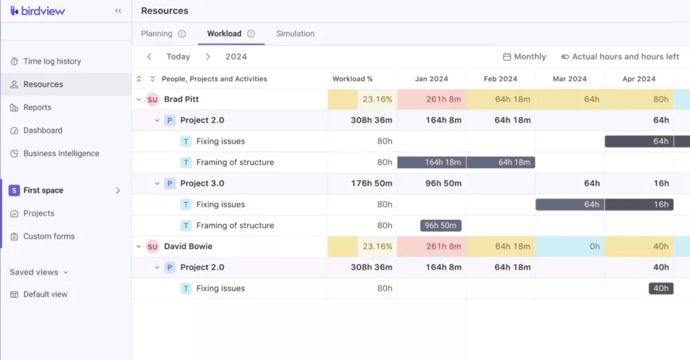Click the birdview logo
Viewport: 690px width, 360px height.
tap(37, 11)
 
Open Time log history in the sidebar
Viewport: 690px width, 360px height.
tap(52, 62)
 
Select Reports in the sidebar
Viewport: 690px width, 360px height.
tap(37, 108)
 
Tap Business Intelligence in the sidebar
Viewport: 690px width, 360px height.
tap(61, 154)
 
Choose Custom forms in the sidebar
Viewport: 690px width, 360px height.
tap(49, 236)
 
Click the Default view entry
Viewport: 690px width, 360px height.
tap(45, 294)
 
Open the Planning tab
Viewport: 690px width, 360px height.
tap(157, 33)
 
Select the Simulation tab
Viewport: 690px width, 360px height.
tap(295, 33)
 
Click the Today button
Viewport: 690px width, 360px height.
tap(178, 56)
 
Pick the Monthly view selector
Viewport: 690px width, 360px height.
tap(524, 56)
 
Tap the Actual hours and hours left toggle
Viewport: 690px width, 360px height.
tap(620, 56)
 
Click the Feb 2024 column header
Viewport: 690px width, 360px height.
tap(500, 79)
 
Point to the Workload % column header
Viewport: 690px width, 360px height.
tap(352, 79)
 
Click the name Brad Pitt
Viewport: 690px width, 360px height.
tap(181, 99)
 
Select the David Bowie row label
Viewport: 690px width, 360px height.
tap(188, 246)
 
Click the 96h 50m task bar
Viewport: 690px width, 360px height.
tap(440, 225)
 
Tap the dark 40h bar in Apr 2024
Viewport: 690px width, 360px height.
tap(661, 289)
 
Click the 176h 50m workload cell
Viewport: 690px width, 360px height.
tap(371, 183)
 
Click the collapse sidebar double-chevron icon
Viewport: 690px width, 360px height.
tap(118, 11)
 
